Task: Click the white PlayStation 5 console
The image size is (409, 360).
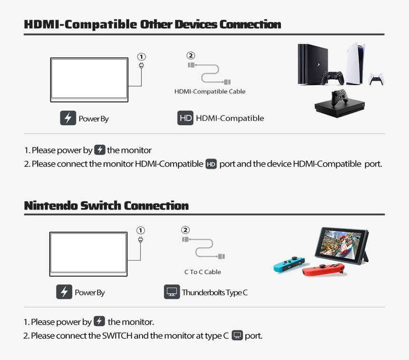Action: (355, 63)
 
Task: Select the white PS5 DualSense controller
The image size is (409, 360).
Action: (376, 78)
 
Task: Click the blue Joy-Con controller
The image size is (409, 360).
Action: (289, 264)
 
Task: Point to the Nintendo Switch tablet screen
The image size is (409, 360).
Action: (342, 246)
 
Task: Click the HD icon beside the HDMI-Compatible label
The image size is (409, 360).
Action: (185, 118)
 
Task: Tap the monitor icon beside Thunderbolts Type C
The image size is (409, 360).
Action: (172, 292)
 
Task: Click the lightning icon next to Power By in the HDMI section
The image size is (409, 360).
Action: (68, 118)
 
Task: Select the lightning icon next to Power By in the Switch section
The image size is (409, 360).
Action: (64, 292)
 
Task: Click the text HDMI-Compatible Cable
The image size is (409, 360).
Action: (210, 91)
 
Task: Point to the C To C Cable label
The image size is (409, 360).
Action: (203, 272)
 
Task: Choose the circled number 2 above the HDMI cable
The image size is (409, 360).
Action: (191, 56)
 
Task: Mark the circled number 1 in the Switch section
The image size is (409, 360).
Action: (140, 230)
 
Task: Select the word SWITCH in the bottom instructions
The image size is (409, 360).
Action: (117, 336)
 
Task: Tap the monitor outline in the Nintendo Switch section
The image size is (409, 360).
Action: (88, 253)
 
